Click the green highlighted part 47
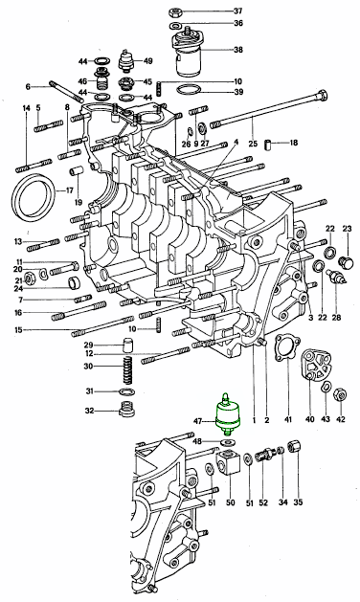click(228, 415)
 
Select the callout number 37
click(238, 11)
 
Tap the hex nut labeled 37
click(177, 11)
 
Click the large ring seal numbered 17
click(34, 197)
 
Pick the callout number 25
click(253, 144)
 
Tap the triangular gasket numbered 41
click(287, 348)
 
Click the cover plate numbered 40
click(315, 366)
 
